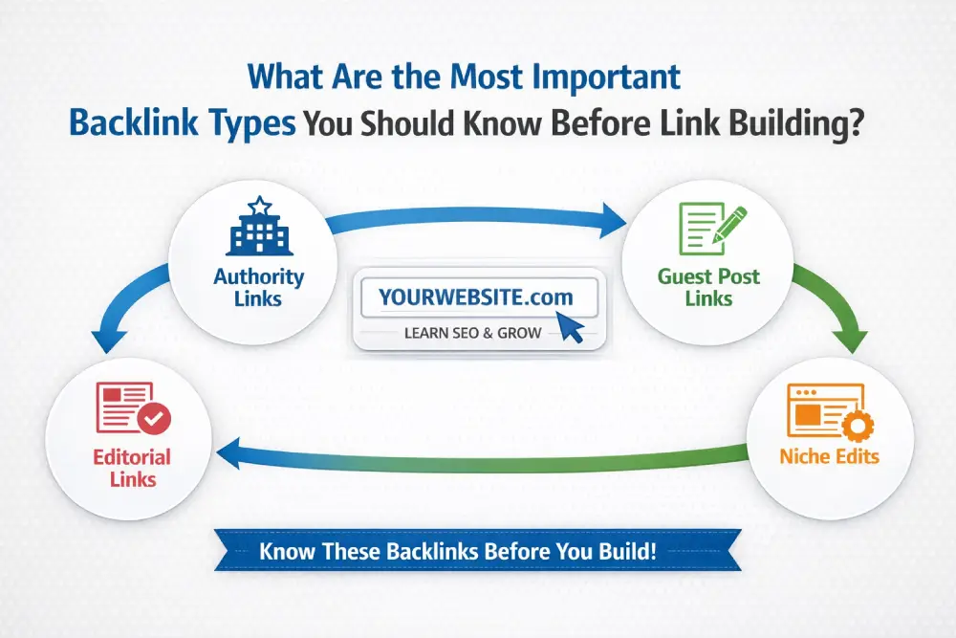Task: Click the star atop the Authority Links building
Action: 258,205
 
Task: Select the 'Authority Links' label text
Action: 258,287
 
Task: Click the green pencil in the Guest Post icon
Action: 726,225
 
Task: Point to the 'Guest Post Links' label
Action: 708,287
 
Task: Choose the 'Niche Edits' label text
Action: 829,455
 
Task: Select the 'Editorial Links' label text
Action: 132,467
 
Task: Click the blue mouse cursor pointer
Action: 571,328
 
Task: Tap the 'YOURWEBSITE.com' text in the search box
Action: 475,297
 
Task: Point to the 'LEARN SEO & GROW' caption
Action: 472,333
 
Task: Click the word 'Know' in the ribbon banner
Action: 283,552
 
